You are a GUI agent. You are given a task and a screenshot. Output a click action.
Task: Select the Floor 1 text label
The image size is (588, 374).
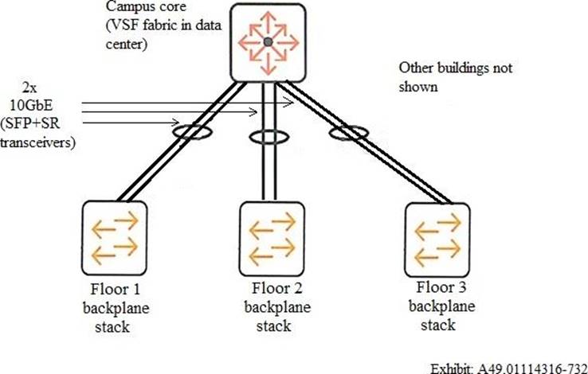[x=112, y=289]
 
